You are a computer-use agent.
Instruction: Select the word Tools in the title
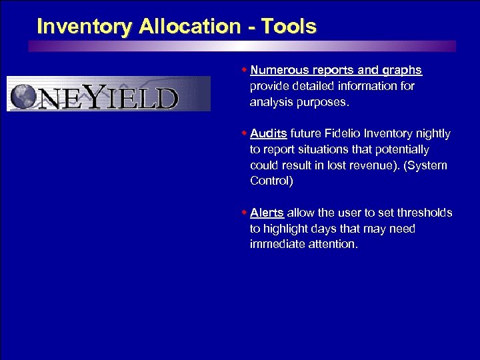click(289, 27)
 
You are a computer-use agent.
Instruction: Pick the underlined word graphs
click(402, 70)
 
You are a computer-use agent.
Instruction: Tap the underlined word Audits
click(268, 134)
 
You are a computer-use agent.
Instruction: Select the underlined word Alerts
click(267, 213)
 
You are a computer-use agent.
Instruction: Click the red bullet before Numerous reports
click(244, 70)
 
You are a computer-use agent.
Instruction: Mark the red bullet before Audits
click(244, 134)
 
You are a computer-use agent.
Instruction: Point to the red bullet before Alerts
click(244, 213)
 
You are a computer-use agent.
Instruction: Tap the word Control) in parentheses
click(271, 181)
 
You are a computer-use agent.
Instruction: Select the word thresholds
click(425, 213)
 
